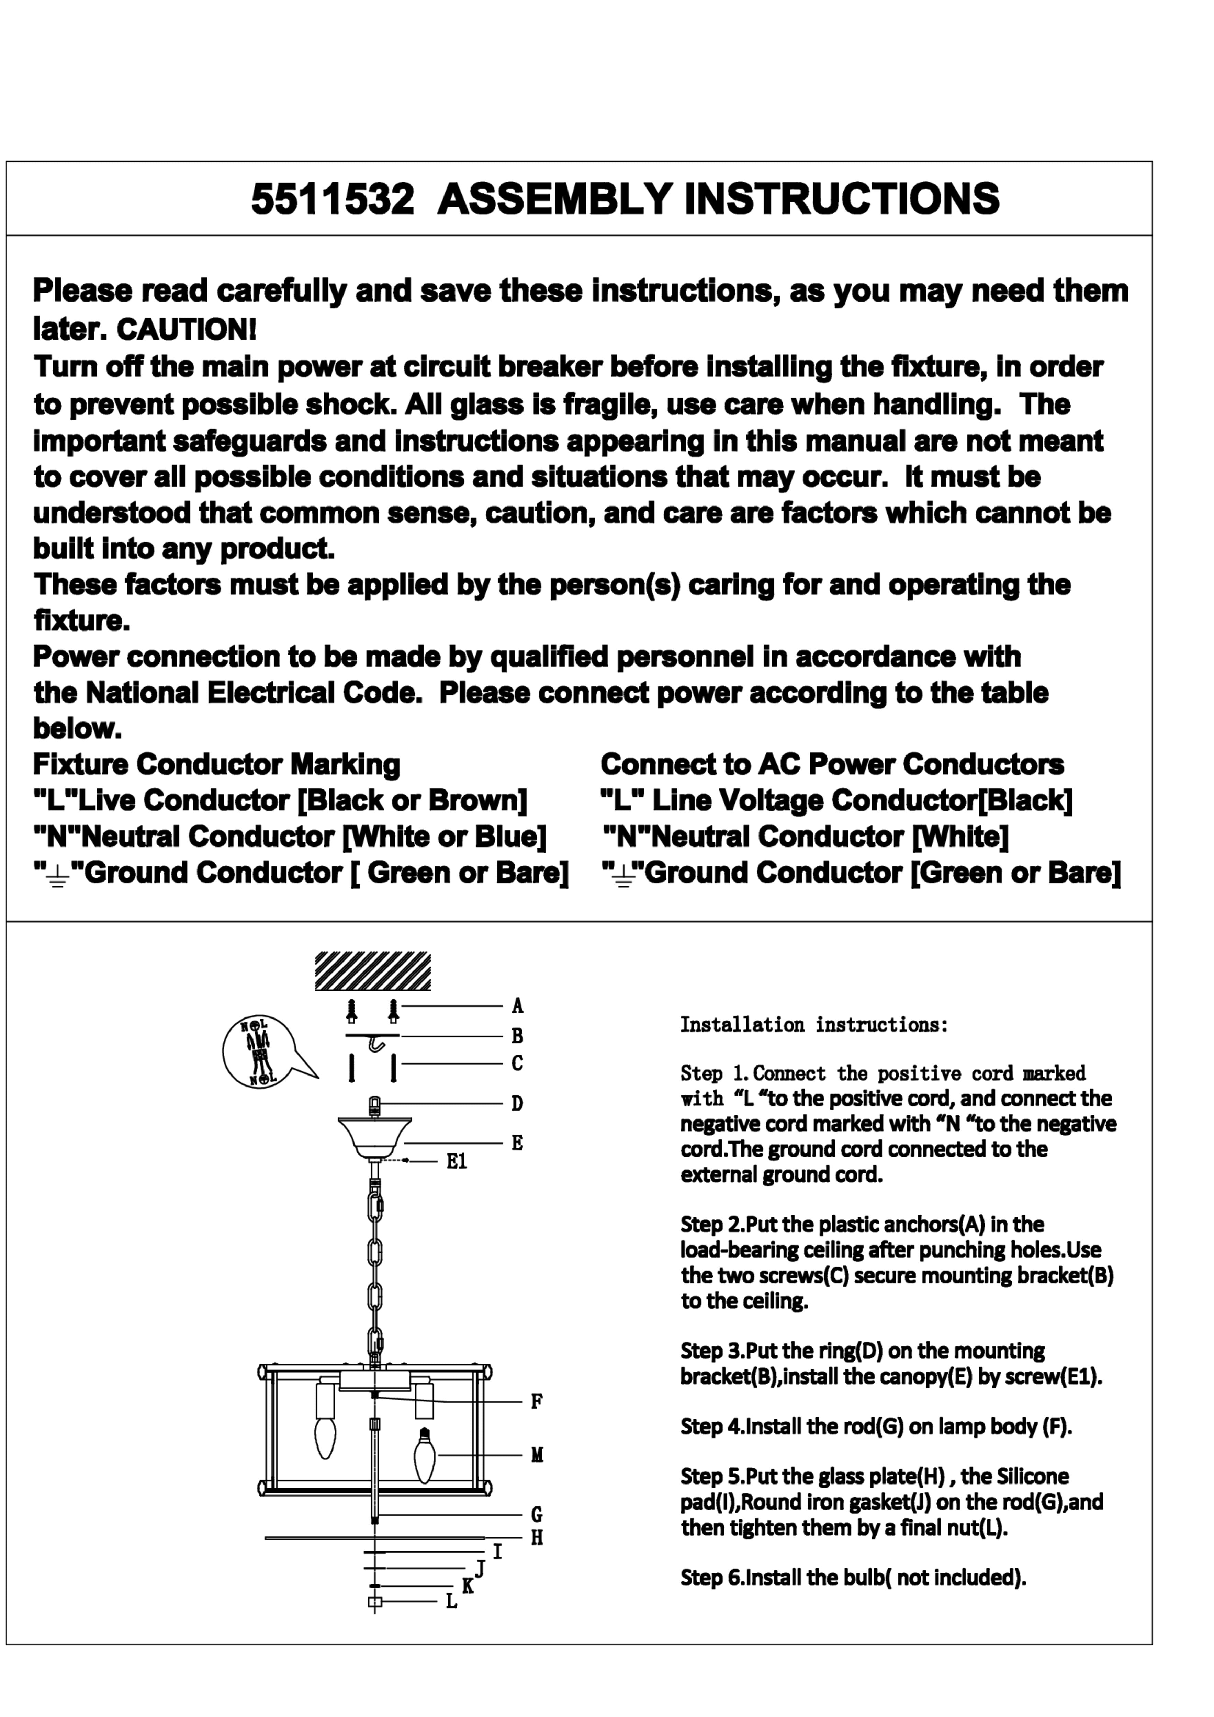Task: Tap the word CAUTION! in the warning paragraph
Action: coord(187,329)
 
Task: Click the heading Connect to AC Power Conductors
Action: coord(832,764)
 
